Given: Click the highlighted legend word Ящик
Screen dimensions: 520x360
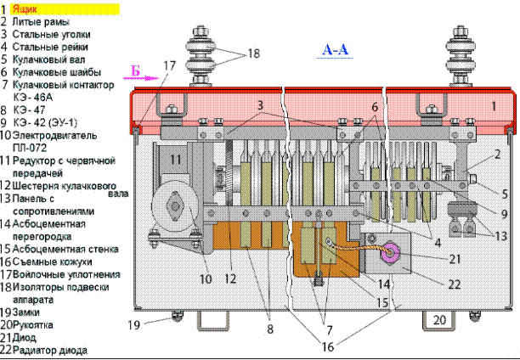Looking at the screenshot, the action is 25,9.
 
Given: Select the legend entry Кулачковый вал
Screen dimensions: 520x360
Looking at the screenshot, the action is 48,59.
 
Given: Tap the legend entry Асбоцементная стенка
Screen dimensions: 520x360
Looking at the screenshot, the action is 65,249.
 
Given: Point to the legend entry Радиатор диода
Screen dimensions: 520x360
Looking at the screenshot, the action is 50,350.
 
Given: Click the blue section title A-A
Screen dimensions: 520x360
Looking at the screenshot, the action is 336,50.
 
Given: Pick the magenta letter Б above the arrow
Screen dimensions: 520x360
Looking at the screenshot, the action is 135,71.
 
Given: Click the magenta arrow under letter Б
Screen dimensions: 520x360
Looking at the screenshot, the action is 141,79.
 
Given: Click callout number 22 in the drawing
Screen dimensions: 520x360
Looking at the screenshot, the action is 455,284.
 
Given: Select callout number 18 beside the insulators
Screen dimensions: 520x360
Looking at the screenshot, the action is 254,53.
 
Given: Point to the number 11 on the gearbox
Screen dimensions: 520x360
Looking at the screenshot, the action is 175,160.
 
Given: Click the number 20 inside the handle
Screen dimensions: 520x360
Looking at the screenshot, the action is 440,320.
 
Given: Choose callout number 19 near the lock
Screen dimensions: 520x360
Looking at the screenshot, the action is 134,325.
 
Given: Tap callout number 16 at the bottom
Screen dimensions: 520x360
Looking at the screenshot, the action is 328,346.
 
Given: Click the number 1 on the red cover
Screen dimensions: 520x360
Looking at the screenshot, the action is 495,106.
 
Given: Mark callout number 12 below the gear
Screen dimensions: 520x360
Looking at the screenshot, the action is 230,278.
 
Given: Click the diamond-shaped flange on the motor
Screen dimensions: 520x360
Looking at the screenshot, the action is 175,207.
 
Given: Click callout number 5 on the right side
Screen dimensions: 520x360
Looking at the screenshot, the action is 505,194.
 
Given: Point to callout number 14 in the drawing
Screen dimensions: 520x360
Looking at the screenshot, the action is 384,284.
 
